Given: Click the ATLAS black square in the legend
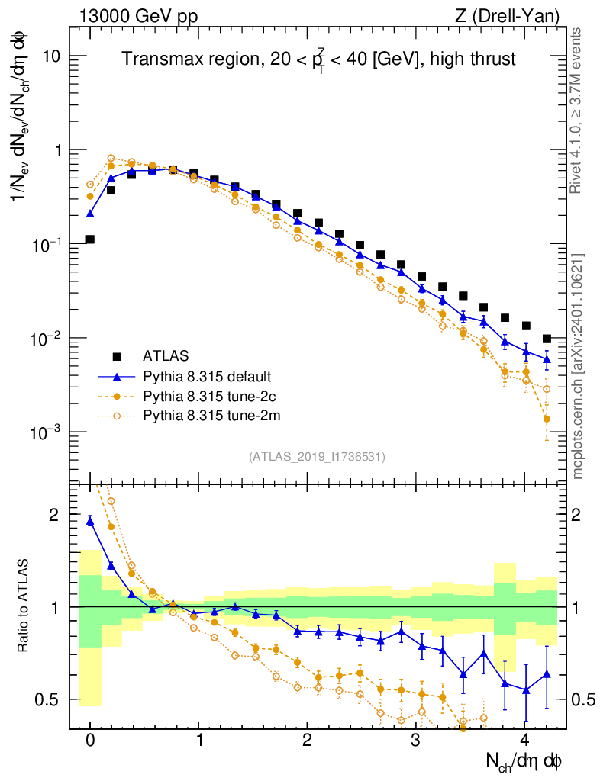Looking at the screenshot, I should click(x=116, y=356).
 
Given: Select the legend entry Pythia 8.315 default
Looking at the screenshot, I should click(x=206, y=376).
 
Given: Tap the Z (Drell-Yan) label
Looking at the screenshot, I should click(x=515, y=14).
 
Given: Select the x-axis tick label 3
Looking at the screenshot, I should click(x=416, y=741).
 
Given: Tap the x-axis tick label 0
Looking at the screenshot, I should click(x=90, y=741).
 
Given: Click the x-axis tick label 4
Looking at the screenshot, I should click(x=524, y=741).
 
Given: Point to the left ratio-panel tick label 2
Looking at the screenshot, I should click(x=53, y=515).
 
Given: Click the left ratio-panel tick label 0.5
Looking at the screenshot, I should click(x=47, y=699).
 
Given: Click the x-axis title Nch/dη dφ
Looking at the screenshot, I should click(x=525, y=761).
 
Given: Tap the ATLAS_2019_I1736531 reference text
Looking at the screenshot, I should click(x=317, y=457).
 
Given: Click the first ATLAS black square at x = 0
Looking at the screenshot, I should click(x=90, y=239).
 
